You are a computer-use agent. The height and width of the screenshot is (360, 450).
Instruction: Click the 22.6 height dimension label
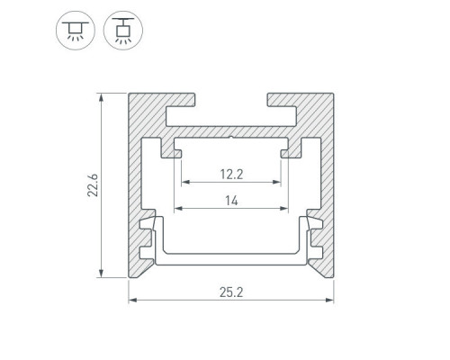tap(93, 185)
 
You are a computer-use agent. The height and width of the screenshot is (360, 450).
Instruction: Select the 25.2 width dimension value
tap(231, 292)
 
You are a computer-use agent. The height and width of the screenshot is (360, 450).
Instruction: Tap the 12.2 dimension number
tap(231, 175)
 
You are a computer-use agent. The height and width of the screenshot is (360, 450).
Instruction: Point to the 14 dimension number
tap(231, 201)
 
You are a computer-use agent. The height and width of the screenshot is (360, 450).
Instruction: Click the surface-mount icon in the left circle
tap(76, 31)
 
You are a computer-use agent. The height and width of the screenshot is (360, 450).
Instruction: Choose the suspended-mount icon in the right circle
tap(123, 31)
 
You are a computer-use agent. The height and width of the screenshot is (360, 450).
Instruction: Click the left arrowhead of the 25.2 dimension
tap(132, 300)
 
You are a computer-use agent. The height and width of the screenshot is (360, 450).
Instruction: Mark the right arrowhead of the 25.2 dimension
tap(329, 300)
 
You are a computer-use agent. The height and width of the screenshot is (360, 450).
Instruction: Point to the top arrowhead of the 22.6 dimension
tap(102, 97)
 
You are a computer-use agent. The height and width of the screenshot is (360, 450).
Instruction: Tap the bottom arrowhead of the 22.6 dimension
tap(102, 273)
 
